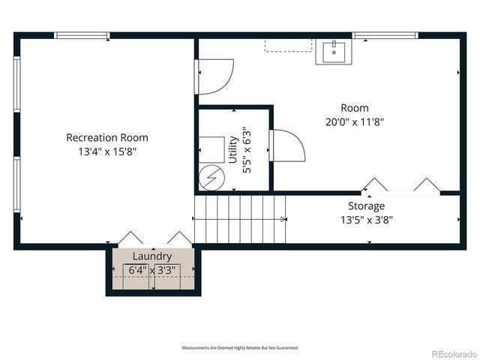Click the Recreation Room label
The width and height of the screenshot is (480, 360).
106,137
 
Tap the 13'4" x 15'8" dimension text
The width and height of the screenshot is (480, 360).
106,151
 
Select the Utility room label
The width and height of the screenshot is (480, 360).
233,149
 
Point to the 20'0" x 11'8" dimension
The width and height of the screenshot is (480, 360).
355,121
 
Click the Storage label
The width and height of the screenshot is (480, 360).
366,205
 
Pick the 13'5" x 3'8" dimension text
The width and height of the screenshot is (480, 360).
366,220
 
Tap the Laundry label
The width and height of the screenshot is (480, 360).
152,256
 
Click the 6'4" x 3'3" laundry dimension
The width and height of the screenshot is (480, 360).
152,270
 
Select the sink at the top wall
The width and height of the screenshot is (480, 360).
334,52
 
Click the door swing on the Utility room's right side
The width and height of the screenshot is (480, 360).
286,145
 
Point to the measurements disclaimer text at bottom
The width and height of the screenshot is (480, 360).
240,348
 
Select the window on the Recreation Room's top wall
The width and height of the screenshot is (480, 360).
82,35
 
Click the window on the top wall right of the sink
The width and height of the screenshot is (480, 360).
385,35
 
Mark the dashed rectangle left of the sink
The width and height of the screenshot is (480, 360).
288,46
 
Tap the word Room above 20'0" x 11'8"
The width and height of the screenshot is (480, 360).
355,108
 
